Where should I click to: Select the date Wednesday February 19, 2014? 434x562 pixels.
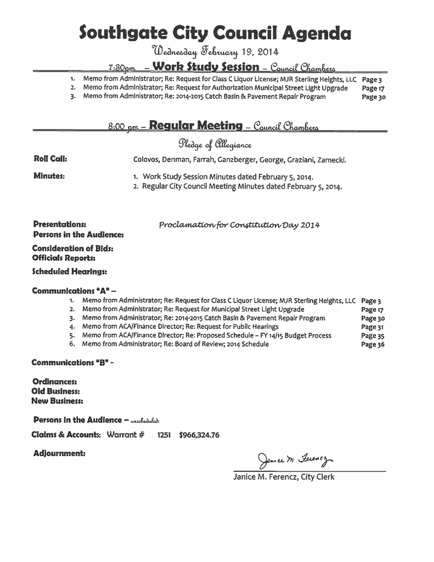pyautogui.click(x=216, y=52)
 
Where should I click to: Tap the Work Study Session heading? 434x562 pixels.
pyautogui.click(x=206, y=68)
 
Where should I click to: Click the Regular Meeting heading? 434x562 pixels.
pyautogui.click(x=195, y=126)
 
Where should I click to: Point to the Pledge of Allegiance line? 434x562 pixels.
pyautogui.click(x=215, y=145)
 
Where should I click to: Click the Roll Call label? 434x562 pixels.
pyautogui.click(x=50, y=159)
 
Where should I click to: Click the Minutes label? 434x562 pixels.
pyautogui.click(x=49, y=176)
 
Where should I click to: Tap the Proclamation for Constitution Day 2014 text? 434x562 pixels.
pyautogui.click(x=239, y=225)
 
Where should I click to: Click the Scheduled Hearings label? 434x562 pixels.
pyautogui.click(x=70, y=271)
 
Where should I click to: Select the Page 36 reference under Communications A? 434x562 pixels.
pyautogui.click(x=373, y=345)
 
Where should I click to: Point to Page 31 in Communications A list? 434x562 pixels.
pyautogui.click(x=373, y=327)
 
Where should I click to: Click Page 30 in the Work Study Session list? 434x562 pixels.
pyautogui.click(x=374, y=97)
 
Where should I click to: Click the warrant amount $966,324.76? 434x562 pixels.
pyautogui.click(x=199, y=435)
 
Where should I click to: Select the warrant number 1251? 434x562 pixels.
pyautogui.click(x=164, y=435)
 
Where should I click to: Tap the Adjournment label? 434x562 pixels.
pyautogui.click(x=59, y=453)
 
